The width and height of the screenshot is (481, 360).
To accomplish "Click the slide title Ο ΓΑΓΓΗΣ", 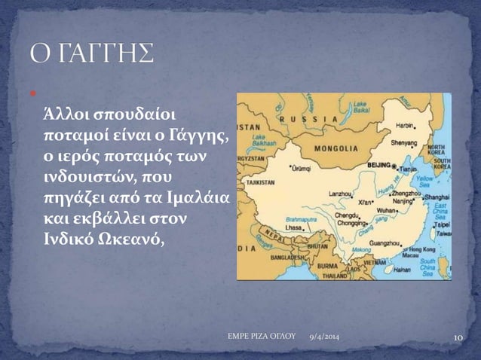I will point(90,54).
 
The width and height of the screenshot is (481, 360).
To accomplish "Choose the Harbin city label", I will point(408,117).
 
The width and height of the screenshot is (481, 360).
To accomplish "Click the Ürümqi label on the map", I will point(292,160).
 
